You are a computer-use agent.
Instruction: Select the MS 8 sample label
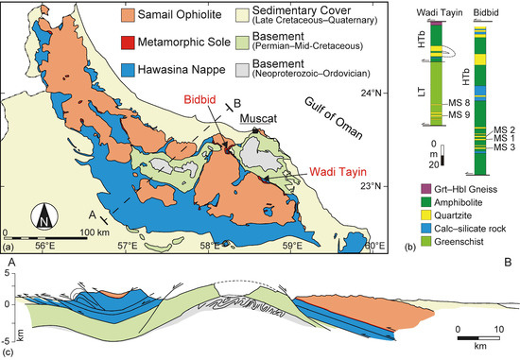[x=459, y=102]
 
